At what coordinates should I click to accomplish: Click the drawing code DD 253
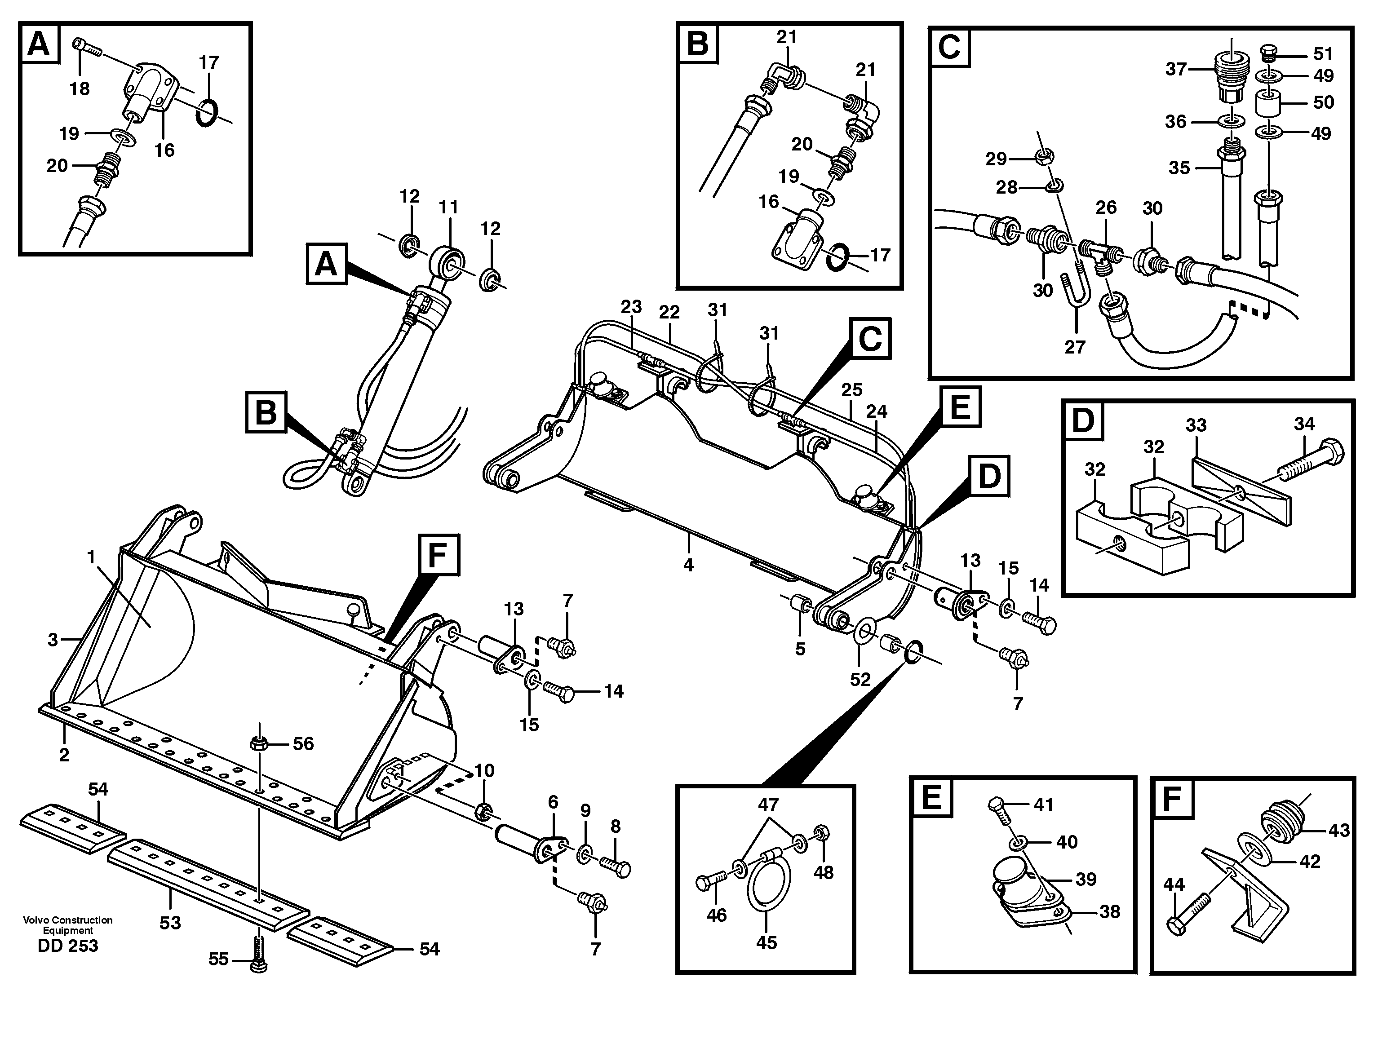point(67,946)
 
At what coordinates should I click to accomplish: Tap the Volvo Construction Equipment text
point(67,925)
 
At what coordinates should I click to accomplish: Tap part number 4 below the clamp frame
point(688,565)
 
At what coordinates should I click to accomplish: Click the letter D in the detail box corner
point(1083,420)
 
